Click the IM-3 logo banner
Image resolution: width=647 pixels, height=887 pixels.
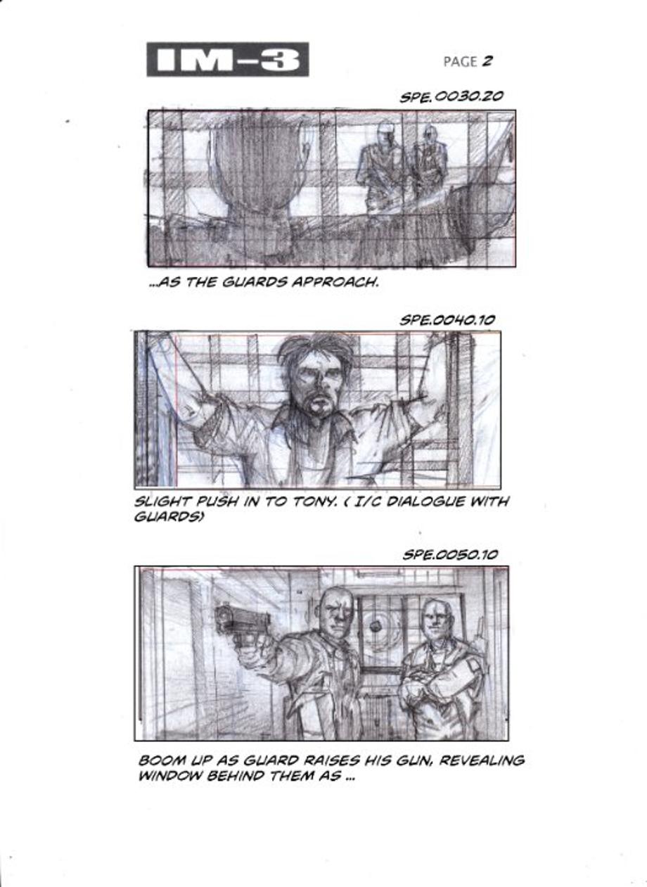coord(228,59)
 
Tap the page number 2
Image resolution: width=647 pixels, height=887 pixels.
coord(487,61)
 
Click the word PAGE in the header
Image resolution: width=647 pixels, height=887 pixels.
coord(460,62)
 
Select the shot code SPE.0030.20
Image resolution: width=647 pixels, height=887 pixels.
coord(451,96)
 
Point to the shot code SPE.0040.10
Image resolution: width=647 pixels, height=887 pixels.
coord(447,320)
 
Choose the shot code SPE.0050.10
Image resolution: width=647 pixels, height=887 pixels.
coord(450,555)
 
